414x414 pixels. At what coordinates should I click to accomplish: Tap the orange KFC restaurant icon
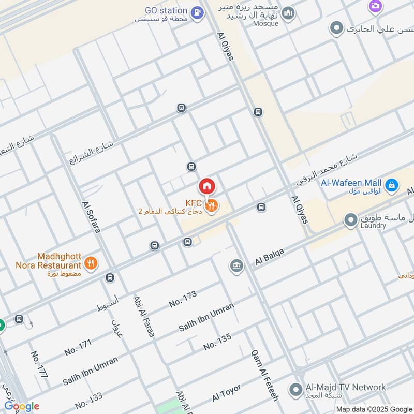(211, 206)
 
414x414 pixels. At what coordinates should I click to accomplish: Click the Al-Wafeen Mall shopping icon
(392, 184)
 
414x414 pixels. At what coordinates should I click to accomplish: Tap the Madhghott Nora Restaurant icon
(91, 263)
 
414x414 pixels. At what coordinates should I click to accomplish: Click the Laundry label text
(374, 226)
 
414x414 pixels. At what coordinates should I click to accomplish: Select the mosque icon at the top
(288, 13)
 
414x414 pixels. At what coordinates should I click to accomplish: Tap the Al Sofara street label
(91, 217)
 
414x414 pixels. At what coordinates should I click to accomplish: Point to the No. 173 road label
(183, 299)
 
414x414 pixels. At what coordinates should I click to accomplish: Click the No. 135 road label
(217, 342)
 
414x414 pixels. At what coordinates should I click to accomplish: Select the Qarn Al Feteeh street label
(264, 374)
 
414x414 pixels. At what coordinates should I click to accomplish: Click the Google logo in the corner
(22, 406)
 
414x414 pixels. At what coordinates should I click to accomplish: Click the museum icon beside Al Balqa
(236, 266)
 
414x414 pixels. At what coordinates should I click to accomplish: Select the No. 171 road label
(78, 346)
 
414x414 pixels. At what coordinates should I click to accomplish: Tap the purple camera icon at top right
(375, 6)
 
